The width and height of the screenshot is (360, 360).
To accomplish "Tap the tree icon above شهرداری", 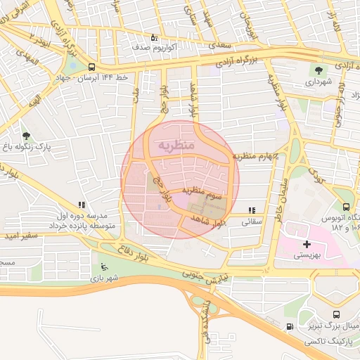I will tap(319, 70).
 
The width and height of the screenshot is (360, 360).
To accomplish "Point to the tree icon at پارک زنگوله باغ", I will tap(26, 136).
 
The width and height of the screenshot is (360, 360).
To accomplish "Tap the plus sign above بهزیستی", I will tap(307, 244).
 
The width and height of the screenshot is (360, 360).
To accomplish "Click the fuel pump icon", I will tap(290, 327).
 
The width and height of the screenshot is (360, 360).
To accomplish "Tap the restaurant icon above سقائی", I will tap(252, 210).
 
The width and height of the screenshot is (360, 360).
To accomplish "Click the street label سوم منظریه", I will tap(203, 191).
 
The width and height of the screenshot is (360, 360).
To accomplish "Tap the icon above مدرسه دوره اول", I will tap(82, 205).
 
